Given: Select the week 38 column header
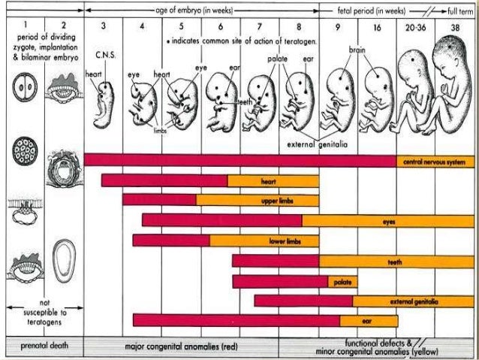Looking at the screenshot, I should tap(456, 26).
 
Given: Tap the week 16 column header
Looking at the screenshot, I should tap(377, 26).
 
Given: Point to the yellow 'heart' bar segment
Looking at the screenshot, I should tap(273, 181).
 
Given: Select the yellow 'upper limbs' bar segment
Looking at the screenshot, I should tap(257, 201).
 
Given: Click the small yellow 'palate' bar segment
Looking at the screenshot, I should tap(339, 281).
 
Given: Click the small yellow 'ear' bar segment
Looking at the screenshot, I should tap(366, 320).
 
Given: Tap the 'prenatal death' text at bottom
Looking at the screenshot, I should tap(41, 348).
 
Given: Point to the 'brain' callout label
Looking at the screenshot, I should tap(357, 49).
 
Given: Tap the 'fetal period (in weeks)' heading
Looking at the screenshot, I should tap(366, 10).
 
